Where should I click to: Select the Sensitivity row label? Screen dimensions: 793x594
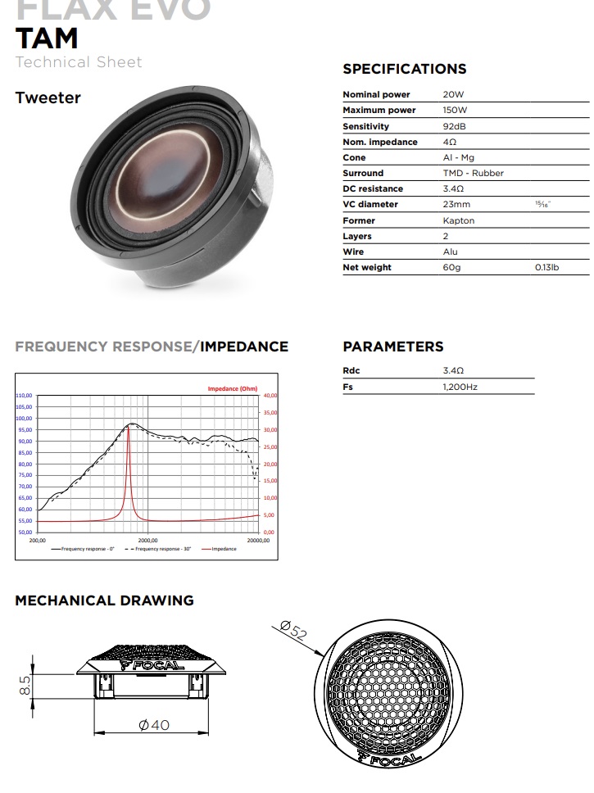coord(365,126)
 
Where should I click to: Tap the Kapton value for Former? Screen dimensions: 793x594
coord(458,220)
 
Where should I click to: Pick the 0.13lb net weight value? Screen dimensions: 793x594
coord(546,267)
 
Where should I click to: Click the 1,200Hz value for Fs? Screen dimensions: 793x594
coord(460,387)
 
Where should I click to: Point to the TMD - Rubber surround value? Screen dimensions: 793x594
coord(473,174)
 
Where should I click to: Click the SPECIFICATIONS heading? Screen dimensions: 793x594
coord(404,70)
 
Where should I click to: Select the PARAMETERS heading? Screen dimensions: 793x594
coord(392,347)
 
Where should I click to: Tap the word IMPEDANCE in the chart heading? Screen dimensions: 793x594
coord(244,347)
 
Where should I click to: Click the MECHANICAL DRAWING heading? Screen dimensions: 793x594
coord(104,600)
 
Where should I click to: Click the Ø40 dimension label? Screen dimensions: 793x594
coord(154,724)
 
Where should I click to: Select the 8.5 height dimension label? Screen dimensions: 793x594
coord(25,684)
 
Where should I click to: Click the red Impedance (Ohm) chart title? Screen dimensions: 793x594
coord(232,388)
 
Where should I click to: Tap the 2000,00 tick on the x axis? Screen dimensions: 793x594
coord(147,541)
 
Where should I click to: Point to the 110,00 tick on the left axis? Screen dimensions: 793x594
coord(24,396)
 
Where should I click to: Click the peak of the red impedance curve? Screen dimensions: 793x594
coord(129,425)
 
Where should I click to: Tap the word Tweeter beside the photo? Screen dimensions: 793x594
coord(48,97)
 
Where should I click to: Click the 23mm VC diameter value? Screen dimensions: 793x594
coord(456,205)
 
